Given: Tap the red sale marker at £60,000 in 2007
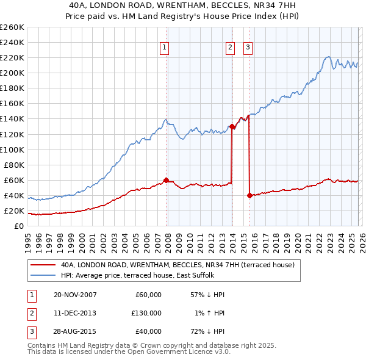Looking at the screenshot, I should [167, 180].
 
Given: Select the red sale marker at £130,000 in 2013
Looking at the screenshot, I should [232, 126].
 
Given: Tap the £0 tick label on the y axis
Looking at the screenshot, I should [18, 226].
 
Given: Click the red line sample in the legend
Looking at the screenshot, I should [43, 265].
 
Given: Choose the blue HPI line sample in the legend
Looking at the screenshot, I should [43, 275].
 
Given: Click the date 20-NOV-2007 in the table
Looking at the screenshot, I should [75, 295].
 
